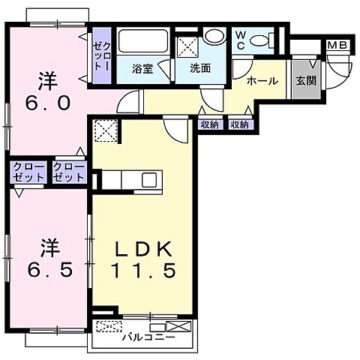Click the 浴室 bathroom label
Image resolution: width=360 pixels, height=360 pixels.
[142, 69]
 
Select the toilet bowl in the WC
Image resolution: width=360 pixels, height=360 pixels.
[259, 40]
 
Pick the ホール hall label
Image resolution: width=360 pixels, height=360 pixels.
[262, 81]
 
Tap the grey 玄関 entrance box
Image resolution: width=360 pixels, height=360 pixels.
[304, 81]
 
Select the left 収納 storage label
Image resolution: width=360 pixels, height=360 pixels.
[209, 125]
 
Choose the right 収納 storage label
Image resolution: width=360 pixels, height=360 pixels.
[239, 125]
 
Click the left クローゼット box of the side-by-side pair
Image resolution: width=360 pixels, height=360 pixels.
[28, 172]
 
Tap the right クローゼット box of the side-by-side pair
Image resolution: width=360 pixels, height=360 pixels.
[68, 172]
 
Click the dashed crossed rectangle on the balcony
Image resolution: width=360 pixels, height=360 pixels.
[109, 327]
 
